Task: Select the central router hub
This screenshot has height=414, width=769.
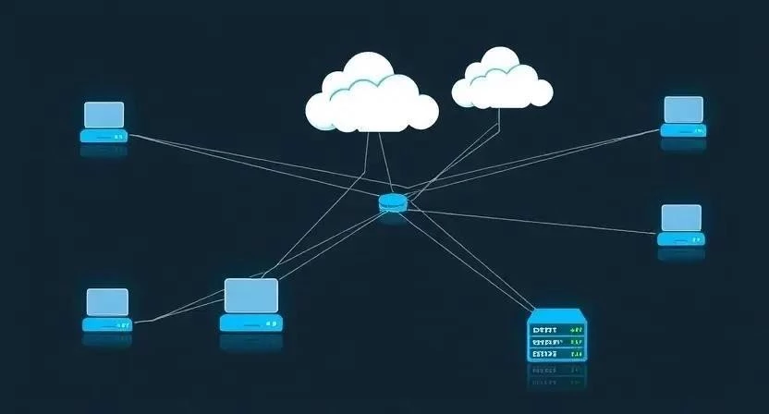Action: coord(393,202)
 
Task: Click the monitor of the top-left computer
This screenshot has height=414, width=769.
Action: coord(104,115)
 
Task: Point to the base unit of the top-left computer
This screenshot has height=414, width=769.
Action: coord(103,136)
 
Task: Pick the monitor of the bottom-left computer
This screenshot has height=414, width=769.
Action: coord(107,302)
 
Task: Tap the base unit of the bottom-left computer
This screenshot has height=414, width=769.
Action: coord(107,324)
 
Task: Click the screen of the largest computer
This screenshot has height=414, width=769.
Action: coord(251,296)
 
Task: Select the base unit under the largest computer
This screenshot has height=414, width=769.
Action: coord(250,323)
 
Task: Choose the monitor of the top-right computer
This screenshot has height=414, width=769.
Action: coord(684,109)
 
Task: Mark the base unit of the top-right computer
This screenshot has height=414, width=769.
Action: coord(684,131)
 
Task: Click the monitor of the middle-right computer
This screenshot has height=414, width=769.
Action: coord(681,218)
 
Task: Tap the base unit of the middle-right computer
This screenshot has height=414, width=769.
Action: coord(681,238)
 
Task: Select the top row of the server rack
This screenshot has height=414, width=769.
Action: coord(557,329)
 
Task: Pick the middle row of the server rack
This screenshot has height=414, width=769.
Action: coord(557,341)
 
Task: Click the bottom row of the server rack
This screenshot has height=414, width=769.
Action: coord(557,353)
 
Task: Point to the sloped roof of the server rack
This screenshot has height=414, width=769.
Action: coord(557,316)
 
